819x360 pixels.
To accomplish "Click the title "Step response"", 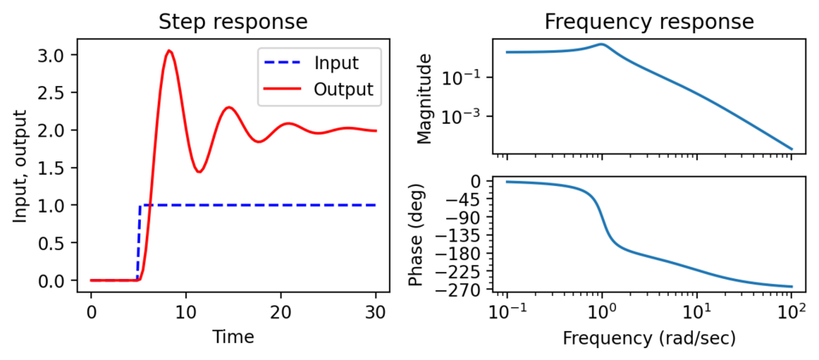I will point(233,21).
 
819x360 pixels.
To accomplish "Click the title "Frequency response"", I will point(649,21).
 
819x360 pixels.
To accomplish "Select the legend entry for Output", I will point(342,89).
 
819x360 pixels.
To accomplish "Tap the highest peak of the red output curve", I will point(170,51).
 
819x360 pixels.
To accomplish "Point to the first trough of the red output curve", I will point(199,171).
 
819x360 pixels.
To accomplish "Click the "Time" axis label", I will point(233,337).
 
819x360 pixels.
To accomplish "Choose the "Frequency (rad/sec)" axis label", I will point(649,338).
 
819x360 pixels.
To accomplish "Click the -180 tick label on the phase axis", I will point(464,253).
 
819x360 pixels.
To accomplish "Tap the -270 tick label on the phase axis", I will point(464,290).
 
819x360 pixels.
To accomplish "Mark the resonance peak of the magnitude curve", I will point(601,44).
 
